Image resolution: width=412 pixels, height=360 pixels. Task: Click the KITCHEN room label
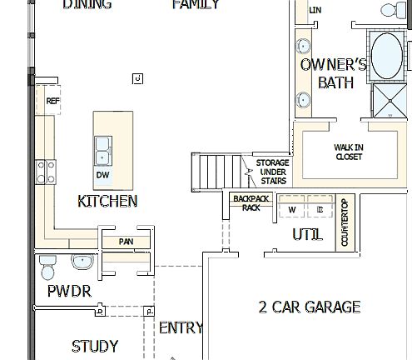107,202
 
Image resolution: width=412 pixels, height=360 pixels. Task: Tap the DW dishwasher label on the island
102,175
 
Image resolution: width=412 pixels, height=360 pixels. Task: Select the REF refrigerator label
53,101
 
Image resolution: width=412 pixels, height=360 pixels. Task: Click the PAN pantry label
127,242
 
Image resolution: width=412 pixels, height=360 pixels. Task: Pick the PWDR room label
69,291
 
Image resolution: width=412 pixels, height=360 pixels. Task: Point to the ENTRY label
181,327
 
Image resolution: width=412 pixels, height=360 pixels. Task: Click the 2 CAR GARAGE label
310,307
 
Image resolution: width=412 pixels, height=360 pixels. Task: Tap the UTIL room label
307,235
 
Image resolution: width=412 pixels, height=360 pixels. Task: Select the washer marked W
292,209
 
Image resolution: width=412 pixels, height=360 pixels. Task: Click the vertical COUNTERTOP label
345,222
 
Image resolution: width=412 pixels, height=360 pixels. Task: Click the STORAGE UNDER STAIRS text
271,172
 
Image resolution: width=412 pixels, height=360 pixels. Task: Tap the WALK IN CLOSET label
349,152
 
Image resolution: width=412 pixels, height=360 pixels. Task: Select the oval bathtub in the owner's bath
387,56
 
